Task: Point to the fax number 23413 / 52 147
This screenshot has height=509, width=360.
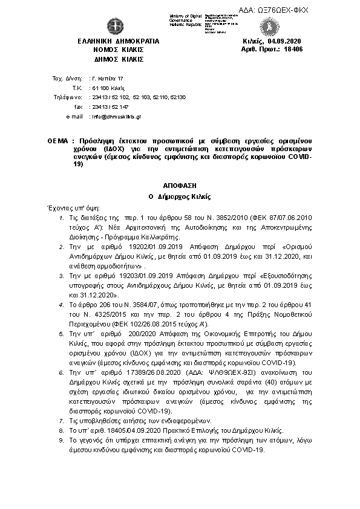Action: pos(108,106)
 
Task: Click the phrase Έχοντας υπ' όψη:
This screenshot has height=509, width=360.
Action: pos(68,207)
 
